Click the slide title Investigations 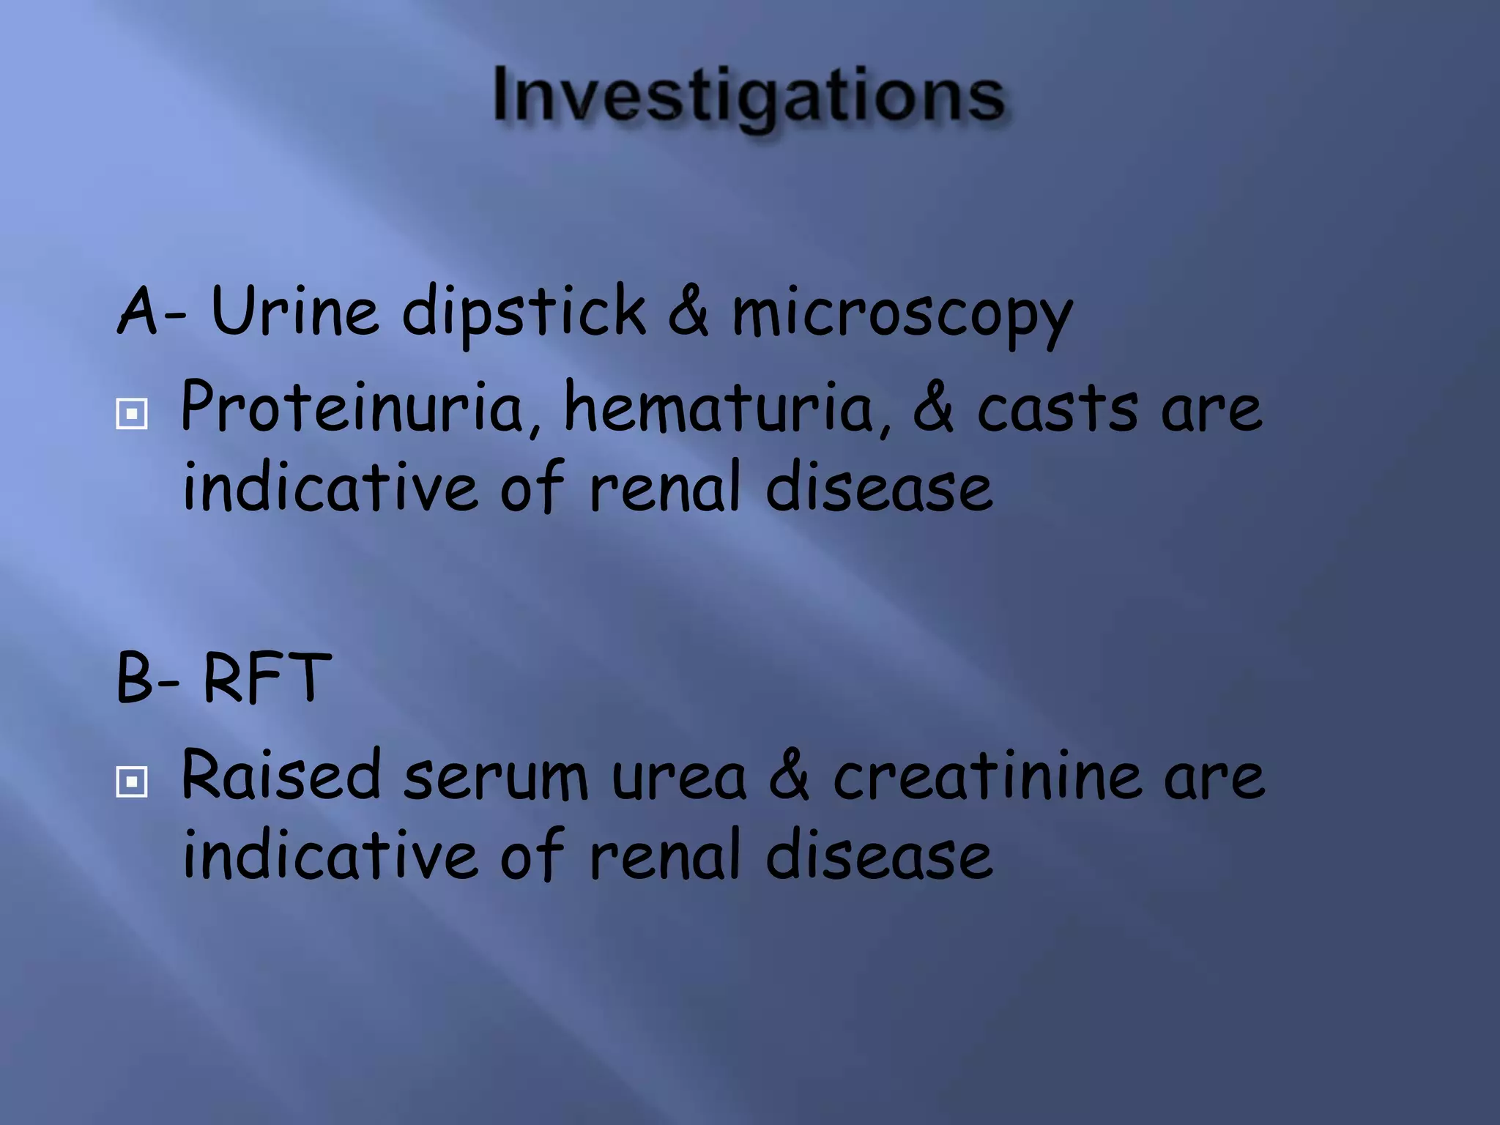749,95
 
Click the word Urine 294,311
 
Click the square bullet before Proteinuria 132,414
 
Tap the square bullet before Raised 132,782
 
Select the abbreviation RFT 267,677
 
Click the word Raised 281,774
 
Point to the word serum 496,778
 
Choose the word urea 679,778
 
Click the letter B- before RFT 147,678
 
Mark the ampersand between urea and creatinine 790,776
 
